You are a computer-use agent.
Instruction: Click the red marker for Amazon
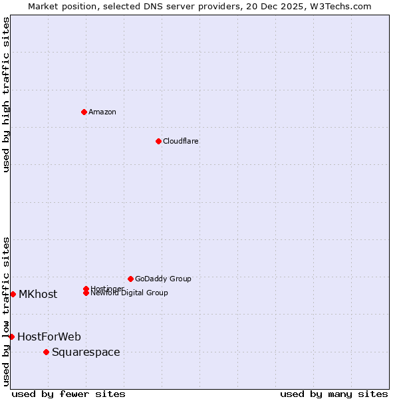click(x=84, y=112)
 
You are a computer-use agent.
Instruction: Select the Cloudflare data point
click(x=158, y=141)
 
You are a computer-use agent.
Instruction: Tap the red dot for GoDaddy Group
click(x=130, y=279)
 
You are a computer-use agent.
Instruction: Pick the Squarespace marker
click(x=46, y=352)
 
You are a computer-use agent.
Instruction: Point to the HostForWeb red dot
click(x=11, y=336)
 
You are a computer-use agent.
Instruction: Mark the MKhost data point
click(x=13, y=294)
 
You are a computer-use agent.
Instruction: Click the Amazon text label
click(x=102, y=112)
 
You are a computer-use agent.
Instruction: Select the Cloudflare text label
click(x=181, y=141)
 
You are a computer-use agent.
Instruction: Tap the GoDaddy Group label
click(x=163, y=279)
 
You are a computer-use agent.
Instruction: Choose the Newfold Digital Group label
click(x=129, y=293)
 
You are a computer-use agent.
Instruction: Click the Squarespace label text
click(x=86, y=352)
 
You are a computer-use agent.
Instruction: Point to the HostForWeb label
click(x=49, y=336)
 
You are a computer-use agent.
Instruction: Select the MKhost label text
click(x=38, y=294)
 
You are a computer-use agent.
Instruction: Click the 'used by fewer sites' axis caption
click(x=68, y=394)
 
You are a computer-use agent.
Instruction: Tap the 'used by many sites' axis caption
click(x=334, y=394)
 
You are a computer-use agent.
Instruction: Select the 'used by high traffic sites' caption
click(x=7, y=94)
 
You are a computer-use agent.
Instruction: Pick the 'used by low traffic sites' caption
click(x=7, y=311)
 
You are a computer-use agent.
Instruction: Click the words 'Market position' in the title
click(x=59, y=6)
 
